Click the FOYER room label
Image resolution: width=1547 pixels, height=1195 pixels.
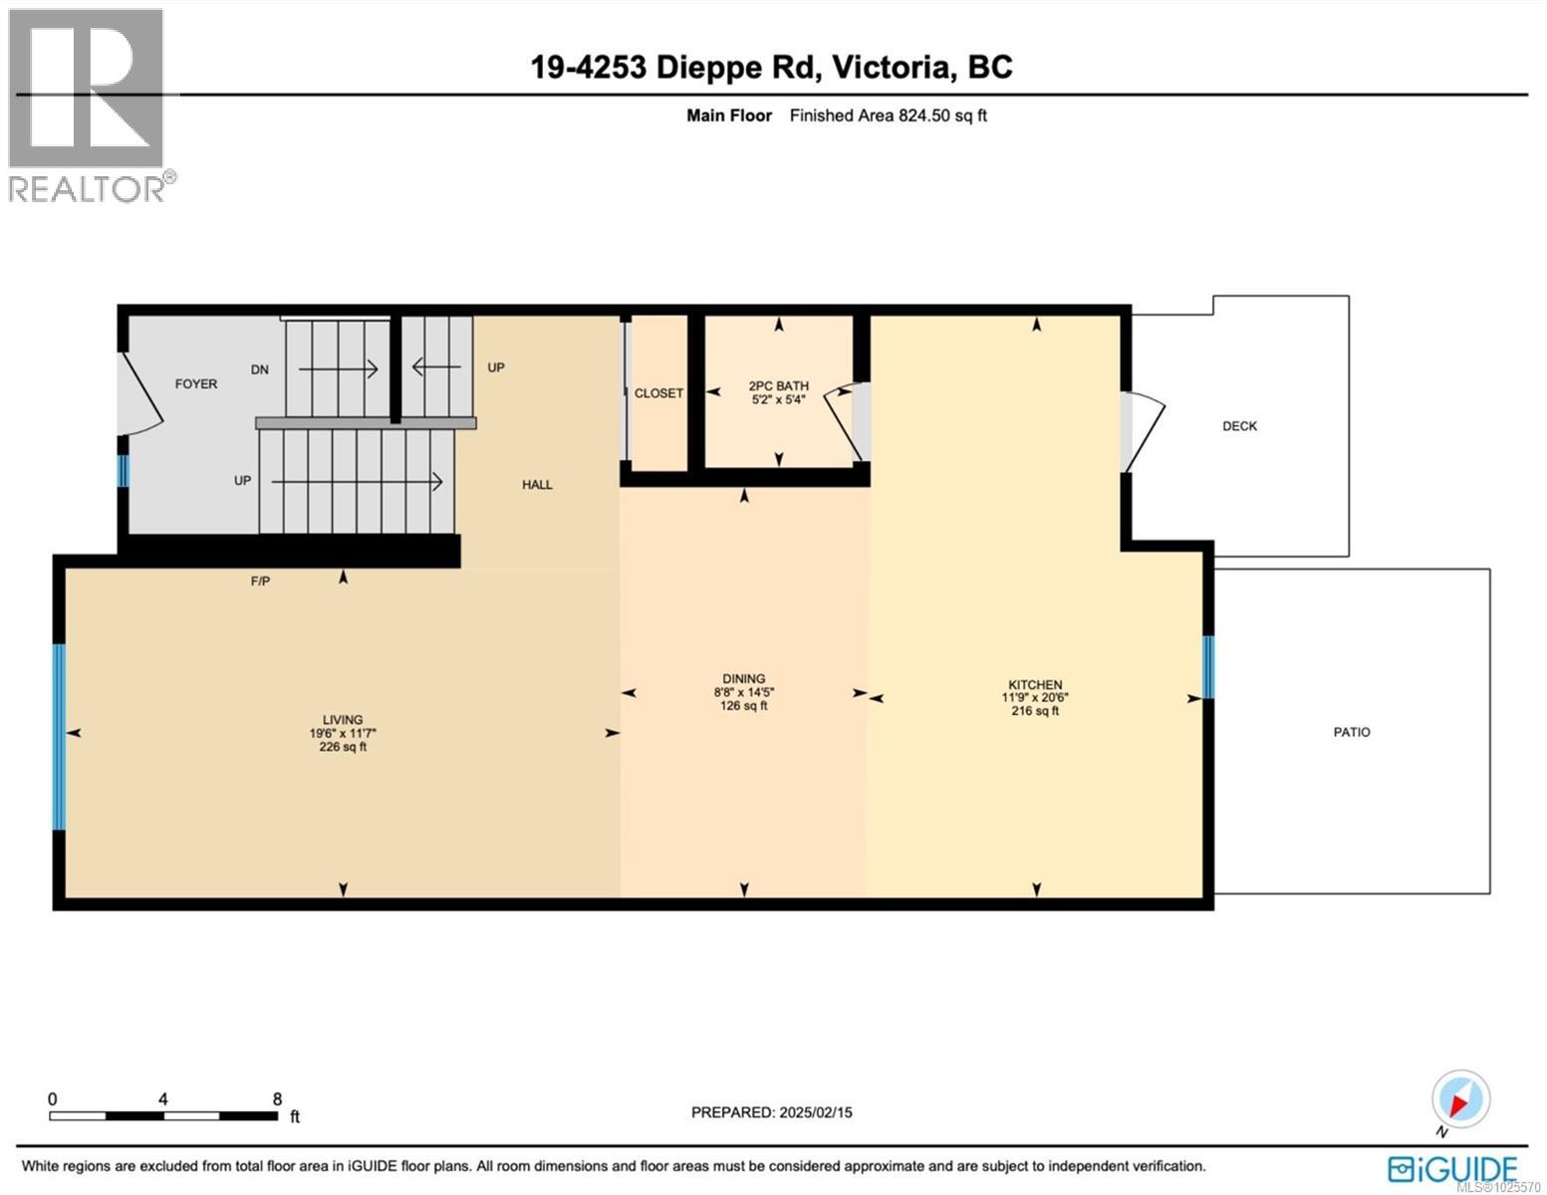pos(195,383)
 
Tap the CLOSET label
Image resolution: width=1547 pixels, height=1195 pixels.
pos(658,393)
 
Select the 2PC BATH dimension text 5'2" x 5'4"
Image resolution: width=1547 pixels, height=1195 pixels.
pos(778,399)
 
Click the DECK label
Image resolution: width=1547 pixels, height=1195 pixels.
pos(1239,426)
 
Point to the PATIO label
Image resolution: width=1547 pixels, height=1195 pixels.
pos(1351,732)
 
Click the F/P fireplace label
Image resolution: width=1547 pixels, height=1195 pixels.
pos(260,581)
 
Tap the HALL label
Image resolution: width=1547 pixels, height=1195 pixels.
pos(537,485)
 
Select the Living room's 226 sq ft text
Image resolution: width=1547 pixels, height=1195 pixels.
pos(343,747)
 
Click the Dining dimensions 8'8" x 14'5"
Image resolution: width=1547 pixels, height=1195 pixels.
pos(743,692)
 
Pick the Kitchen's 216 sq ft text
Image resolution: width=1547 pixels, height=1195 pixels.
pos(1035,711)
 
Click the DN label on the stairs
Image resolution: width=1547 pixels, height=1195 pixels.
pos(259,369)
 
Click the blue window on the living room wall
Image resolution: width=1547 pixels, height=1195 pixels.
pos(59,737)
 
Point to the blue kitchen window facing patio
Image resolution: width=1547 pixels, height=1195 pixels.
pos(1208,667)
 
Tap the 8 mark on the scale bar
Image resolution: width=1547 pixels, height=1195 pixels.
pos(277,1099)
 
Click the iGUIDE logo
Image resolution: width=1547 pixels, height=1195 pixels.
pos(1453,1168)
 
